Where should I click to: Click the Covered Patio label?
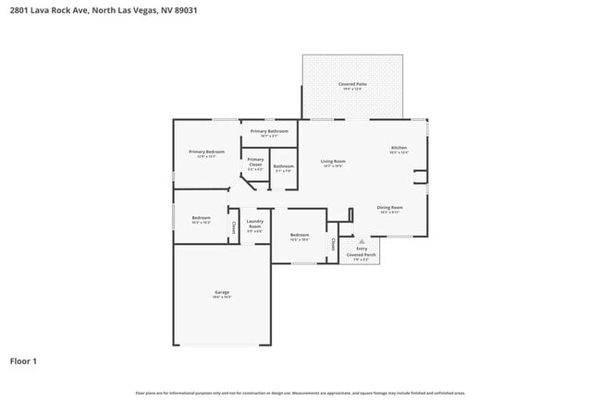coord(352,84)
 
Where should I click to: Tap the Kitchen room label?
coord(399,148)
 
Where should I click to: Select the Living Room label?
coord(333,162)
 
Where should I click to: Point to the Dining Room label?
coord(389,208)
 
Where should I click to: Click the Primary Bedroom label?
coord(206,152)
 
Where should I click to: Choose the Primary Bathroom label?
coord(269,131)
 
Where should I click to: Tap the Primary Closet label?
coord(255,164)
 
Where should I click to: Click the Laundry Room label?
coord(255,225)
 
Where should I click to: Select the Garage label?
coord(222,293)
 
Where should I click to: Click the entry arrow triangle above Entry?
coord(362,238)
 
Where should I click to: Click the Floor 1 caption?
coord(24,360)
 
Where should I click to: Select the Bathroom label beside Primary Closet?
coord(283,166)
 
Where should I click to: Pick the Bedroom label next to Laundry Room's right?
coord(299,236)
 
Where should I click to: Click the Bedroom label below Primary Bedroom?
coord(201,219)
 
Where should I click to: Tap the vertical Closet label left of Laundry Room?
coord(234,227)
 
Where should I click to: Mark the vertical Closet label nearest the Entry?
coord(333,244)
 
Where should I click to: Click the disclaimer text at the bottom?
coord(300,393)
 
